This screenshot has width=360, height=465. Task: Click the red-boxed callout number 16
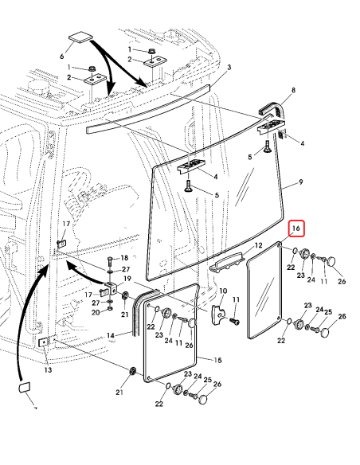(296, 229)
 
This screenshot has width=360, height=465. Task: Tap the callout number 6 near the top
(62, 57)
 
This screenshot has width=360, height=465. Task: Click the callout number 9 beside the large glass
(300, 182)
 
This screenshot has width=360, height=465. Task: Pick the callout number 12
(257, 246)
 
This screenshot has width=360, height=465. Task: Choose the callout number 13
(47, 370)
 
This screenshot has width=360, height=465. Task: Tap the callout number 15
(218, 361)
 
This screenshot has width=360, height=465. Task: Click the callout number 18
(123, 259)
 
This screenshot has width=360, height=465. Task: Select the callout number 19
(126, 278)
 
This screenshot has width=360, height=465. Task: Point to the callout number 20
(96, 313)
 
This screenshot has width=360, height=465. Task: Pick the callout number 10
(223, 291)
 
